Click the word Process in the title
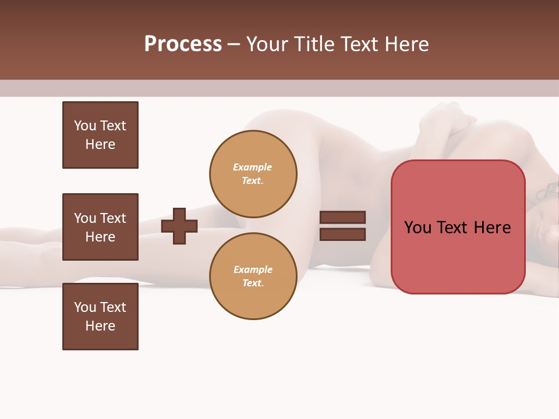point(183,44)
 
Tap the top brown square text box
point(100,135)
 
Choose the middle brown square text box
point(100,227)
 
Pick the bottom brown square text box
point(100,317)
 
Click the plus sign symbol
point(179,226)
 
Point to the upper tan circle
point(253,174)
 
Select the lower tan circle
point(253,276)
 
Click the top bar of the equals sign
point(342,218)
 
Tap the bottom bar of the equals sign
point(342,235)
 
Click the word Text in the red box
point(455,228)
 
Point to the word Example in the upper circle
point(252,168)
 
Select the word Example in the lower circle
point(253,270)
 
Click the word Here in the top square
point(100,144)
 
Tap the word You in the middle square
point(84,218)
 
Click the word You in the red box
point(417,228)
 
